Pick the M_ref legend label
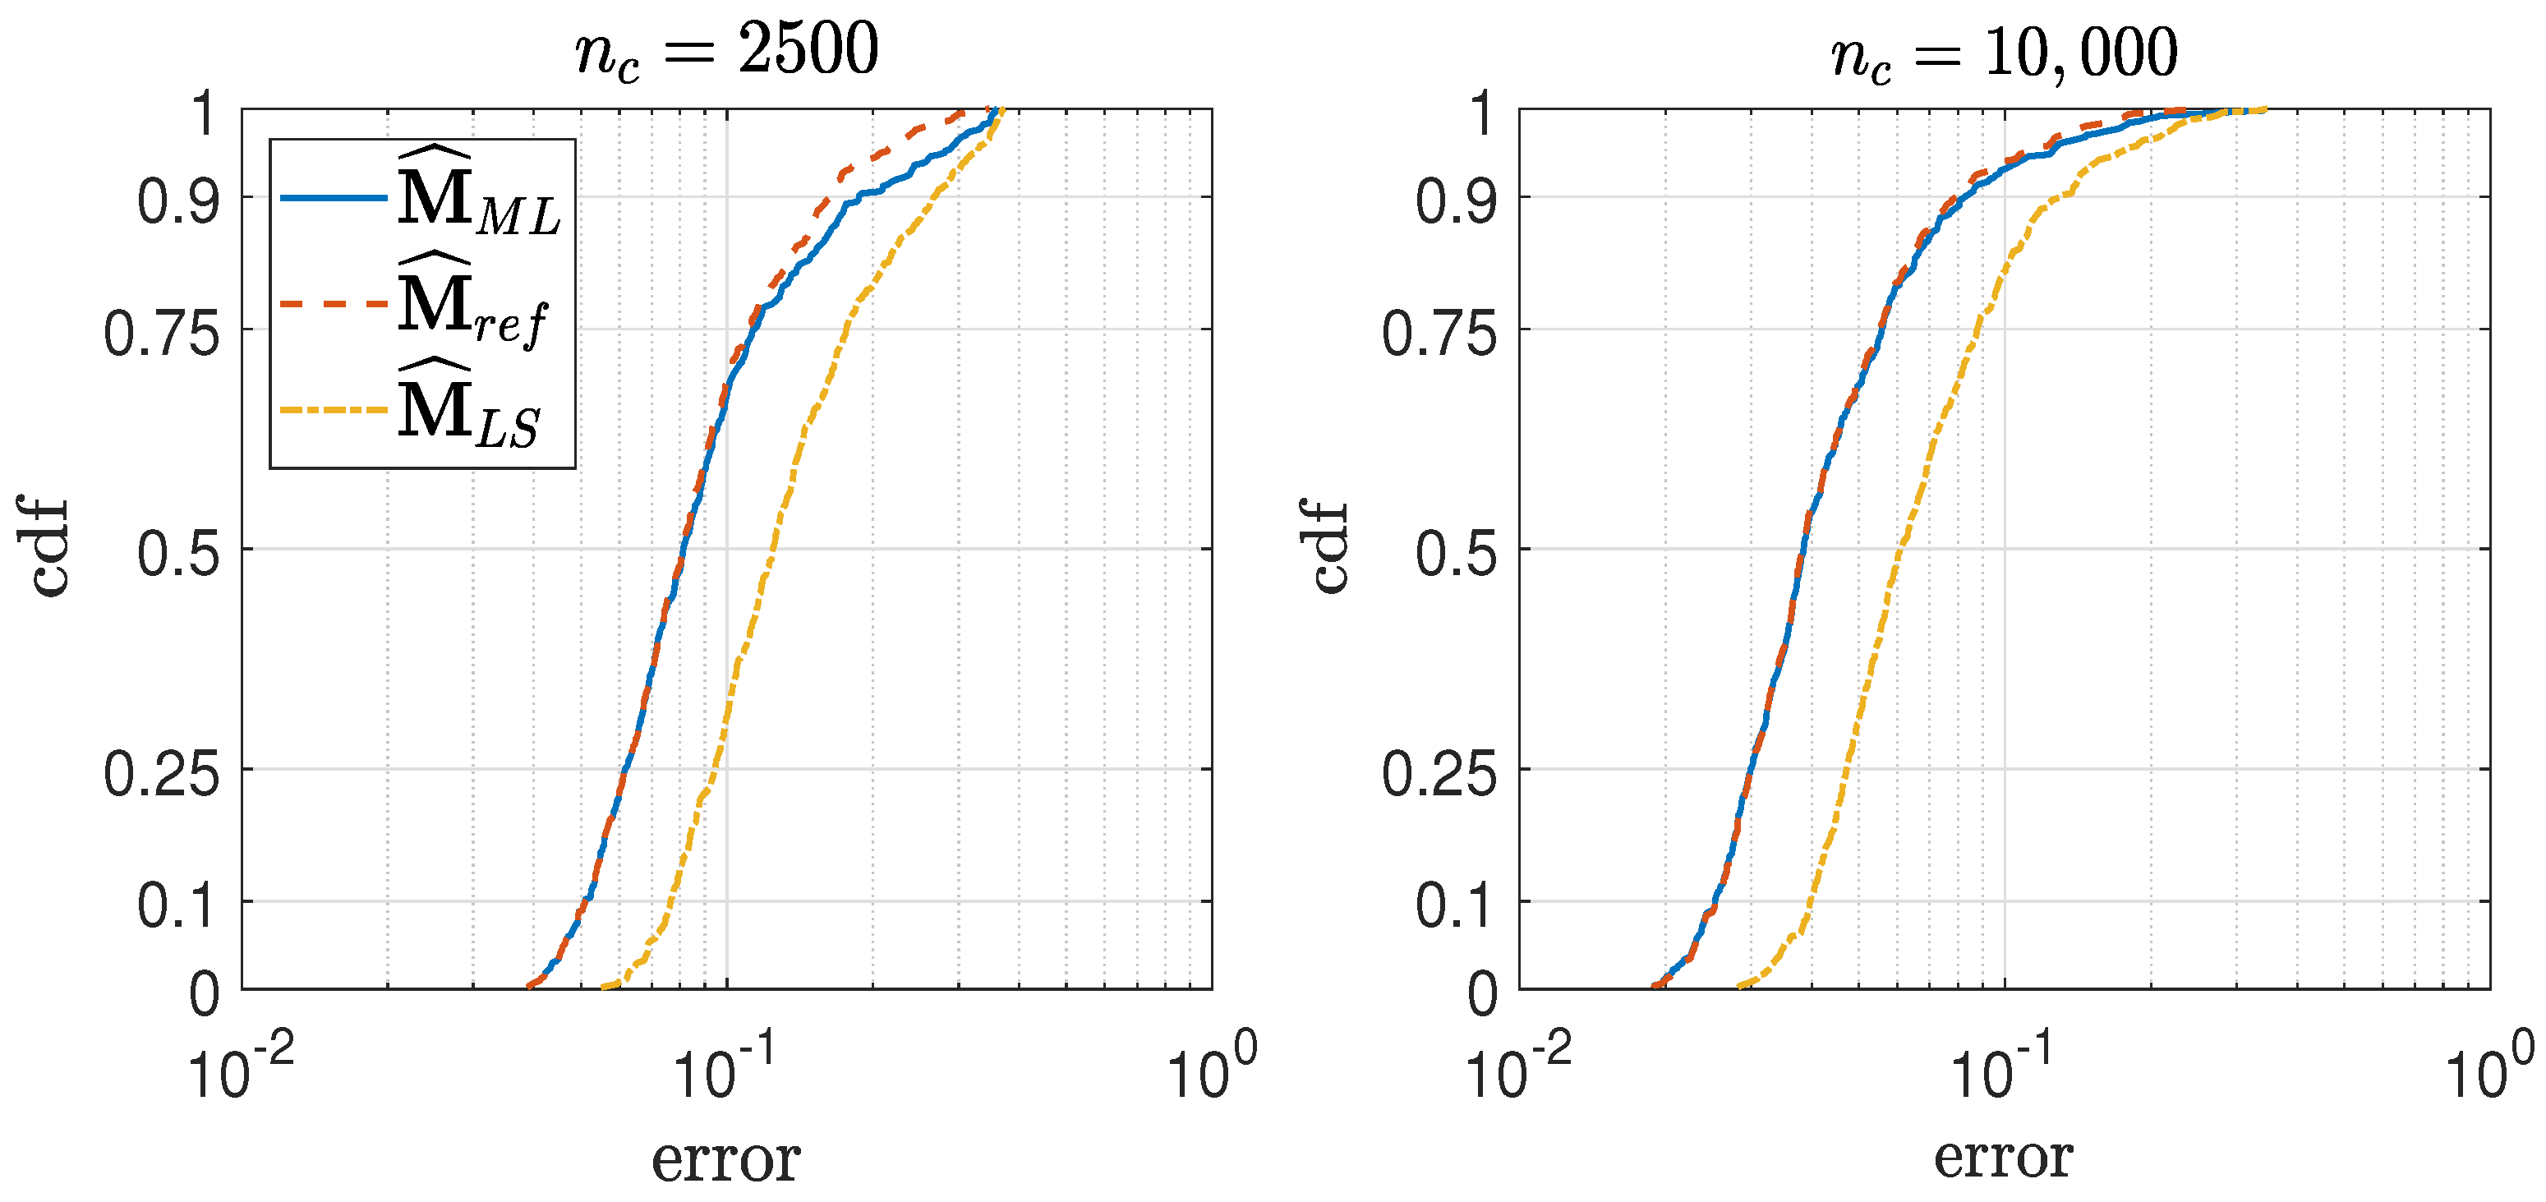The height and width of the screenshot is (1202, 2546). pyautogui.click(x=472, y=303)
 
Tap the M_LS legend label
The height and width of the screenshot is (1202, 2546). pyautogui.click(x=468, y=409)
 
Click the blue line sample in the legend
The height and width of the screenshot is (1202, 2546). pyautogui.click(x=333, y=199)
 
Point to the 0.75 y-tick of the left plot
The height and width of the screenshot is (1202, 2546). pyautogui.click(x=161, y=333)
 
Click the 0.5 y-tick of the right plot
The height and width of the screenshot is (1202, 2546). pyautogui.click(x=1456, y=553)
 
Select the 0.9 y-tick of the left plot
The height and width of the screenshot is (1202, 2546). pyautogui.click(x=178, y=201)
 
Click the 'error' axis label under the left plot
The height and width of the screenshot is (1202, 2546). pyautogui.click(x=725, y=1158)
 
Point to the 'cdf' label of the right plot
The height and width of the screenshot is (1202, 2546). pyautogui.click(x=1329, y=546)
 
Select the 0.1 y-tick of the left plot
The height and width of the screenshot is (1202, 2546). pyautogui.click(x=178, y=905)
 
